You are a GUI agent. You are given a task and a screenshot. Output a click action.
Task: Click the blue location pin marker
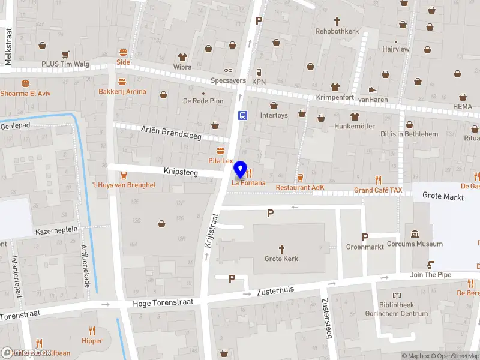[241, 170]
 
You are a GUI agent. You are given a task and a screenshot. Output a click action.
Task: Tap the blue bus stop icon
[242, 116]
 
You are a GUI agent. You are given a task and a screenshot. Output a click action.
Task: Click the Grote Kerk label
[281, 259]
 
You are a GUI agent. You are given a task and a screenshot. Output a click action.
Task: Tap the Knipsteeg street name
[181, 172]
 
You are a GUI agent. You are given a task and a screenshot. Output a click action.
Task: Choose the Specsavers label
[228, 80]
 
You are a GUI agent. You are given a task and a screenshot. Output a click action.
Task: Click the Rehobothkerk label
[337, 31]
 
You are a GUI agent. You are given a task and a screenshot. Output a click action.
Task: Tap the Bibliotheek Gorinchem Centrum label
[397, 309]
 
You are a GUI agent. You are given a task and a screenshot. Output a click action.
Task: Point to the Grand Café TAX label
[378, 190]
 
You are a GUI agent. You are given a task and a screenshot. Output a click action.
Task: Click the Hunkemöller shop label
[355, 126]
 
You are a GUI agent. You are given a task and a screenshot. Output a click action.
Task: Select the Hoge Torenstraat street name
[163, 302]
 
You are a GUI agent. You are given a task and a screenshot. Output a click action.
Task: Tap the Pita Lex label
[220, 161]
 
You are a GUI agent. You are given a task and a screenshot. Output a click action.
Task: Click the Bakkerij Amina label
[122, 91]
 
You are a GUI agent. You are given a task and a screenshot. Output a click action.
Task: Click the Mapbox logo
[26, 353]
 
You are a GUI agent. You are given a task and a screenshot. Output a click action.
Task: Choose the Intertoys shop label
[274, 115]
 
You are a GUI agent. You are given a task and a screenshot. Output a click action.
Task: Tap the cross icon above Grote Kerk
[281, 248]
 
